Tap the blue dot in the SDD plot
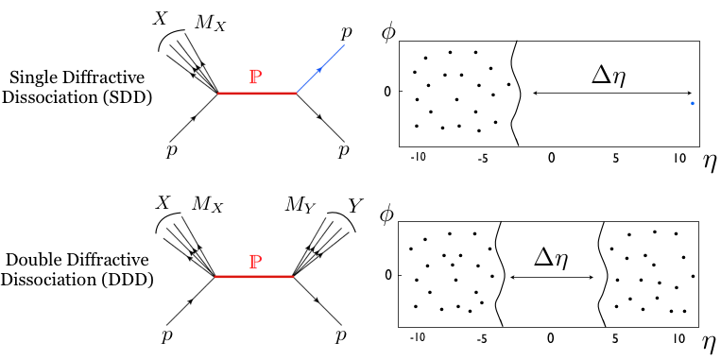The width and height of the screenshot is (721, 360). pyautogui.click(x=693, y=103)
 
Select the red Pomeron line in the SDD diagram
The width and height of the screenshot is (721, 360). pyautogui.click(x=256, y=94)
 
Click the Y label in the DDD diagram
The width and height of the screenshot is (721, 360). pyautogui.click(x=354, y=204)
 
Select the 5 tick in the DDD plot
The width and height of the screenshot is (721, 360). pyautogui.click(x=614, y=337)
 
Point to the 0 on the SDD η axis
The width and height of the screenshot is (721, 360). pyautogui.click(x=552, y=156)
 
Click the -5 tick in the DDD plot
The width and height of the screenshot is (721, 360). pyautogui.click(x=484, y=337)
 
